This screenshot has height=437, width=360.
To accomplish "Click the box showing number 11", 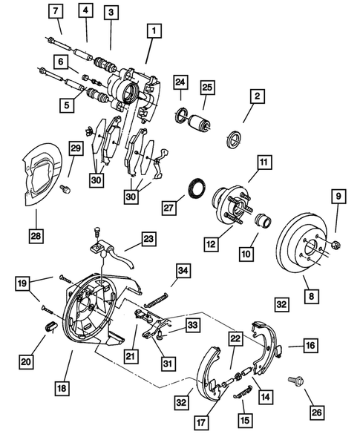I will tap(264, 161).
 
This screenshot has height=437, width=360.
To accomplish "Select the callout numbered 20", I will tap(25, 361).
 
